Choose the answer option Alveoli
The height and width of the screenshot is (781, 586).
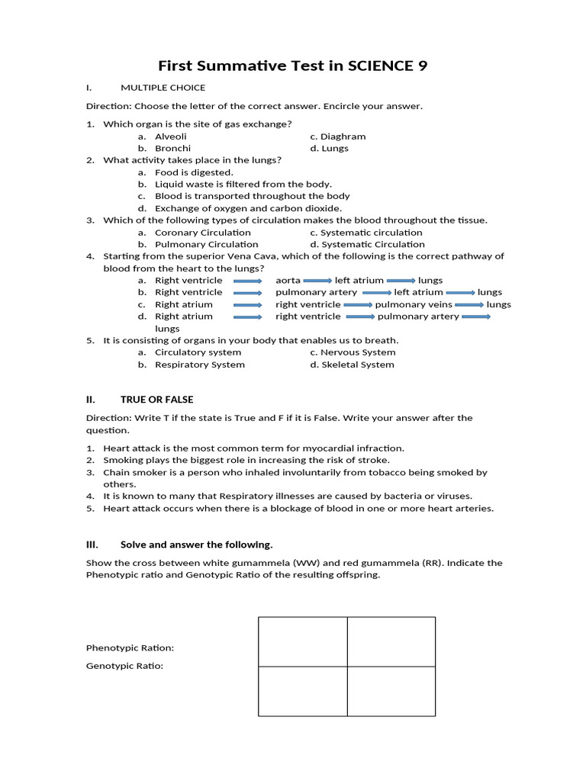tap(171, 137)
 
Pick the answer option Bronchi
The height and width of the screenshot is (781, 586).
tap(172, 148)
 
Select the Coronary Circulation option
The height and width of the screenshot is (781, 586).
tap(202, 233)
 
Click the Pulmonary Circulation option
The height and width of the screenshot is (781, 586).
tap(206, 245)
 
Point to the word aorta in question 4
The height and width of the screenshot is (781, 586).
tap(288, 281)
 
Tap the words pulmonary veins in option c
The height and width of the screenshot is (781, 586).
tap(404, 304)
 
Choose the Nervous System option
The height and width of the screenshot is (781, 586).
tap(353, 352)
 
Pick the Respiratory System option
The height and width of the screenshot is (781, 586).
tap(200, 365)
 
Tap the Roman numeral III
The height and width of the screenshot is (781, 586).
tap(92, 545)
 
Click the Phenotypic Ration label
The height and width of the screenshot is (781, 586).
tap(130, 648)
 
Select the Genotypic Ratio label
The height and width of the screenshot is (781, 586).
tap(124, 666)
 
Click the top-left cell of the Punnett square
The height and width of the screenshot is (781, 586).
tap(303, 641)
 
